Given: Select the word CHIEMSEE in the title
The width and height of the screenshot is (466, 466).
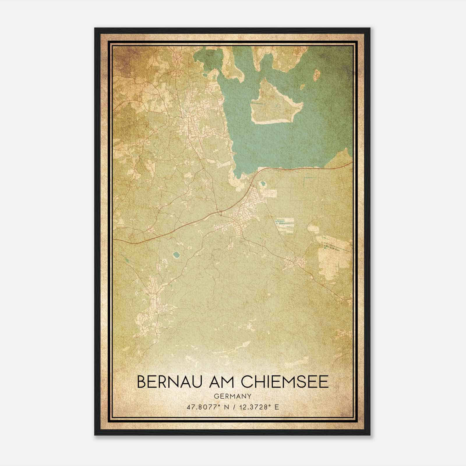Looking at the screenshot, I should (285, 382).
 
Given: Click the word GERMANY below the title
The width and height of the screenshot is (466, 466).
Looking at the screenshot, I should (232, 396).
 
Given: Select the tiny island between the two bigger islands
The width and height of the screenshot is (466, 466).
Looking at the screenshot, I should (303, 87).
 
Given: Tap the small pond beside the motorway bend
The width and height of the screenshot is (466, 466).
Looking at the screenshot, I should (263, 184).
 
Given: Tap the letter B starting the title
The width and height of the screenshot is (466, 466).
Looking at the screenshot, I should (141, 382).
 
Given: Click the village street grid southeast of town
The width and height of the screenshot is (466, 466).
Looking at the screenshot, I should (295, 261).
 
